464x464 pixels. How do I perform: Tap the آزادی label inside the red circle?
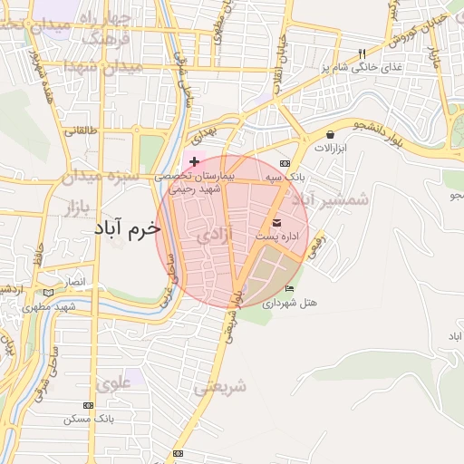215,237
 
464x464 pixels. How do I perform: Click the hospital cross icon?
194,159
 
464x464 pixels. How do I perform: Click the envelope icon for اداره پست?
276,222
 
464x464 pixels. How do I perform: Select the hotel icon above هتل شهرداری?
289,288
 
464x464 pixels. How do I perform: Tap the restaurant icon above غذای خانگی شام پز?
362,53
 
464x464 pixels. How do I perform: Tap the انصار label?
73,283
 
